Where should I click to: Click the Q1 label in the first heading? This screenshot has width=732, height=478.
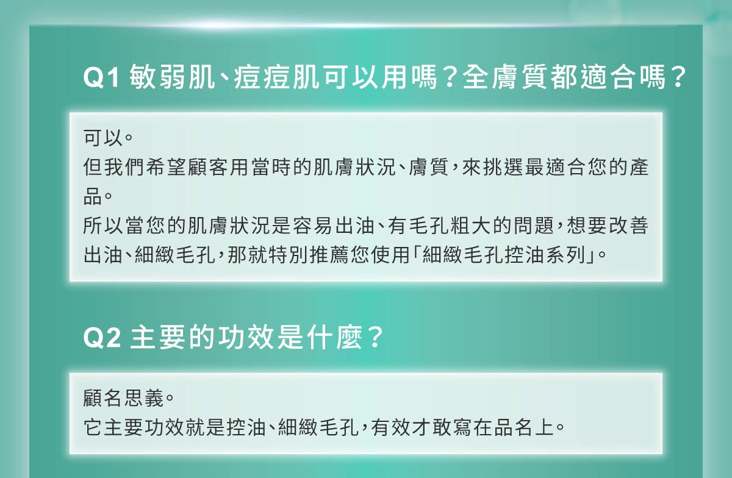coord(101,78)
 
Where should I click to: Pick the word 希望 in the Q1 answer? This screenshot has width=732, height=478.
coord(167,167)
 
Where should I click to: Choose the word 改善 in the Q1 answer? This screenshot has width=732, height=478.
coord(628,226)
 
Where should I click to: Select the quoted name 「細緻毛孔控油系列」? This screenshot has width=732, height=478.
coord(504,255)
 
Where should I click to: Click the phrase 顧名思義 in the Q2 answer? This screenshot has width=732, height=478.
coord(123,398)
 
